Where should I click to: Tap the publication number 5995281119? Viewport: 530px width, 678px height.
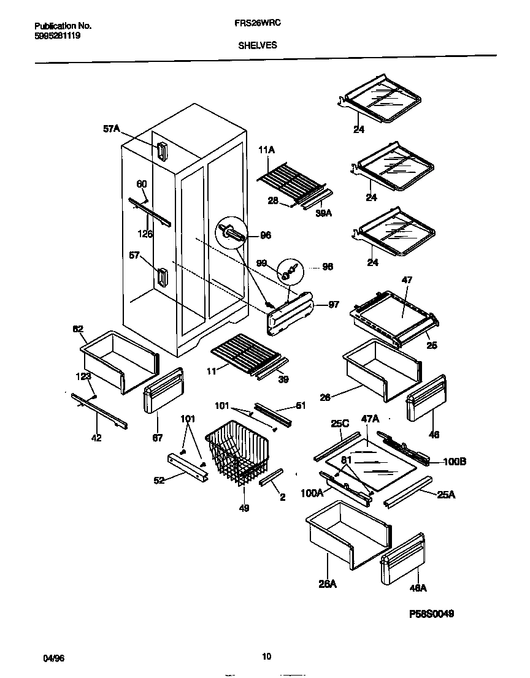[58, 36]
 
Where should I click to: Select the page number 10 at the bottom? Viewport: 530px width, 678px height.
[266, 657]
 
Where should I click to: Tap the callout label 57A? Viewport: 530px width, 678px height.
[111, 129]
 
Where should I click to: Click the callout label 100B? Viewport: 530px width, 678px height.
[454, 462]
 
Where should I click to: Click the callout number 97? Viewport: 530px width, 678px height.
[334, 305]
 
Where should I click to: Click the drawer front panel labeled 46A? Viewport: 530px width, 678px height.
[403, 558]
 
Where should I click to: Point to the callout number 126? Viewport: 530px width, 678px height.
[145, 233]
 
